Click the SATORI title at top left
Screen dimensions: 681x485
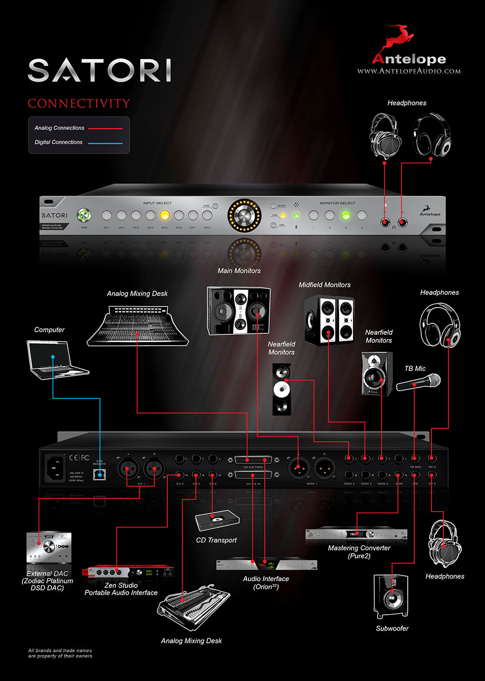(99, 70)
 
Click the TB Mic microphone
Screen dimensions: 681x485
(419, 382)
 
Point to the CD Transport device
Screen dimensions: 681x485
(217, 521)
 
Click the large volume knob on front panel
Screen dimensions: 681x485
(244, 215)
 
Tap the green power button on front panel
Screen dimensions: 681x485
(84, 215)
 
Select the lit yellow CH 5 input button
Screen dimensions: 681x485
(164, 215)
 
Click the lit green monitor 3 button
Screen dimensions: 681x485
(345, 215)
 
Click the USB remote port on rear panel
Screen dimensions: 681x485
(100, 474)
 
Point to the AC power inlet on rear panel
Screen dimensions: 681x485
(56, 468)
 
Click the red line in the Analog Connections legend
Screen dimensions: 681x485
(105, 128)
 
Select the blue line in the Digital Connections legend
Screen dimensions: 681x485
(105, 143)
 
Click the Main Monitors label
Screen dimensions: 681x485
(239, 271)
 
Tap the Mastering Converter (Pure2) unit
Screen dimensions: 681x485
(356, 534)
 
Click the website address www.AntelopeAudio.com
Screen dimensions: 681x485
(409, 71)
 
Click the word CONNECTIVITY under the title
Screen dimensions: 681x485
(79, 104)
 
